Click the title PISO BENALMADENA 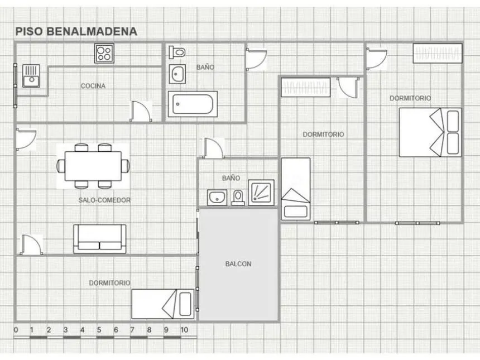76,31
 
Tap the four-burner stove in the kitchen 104,54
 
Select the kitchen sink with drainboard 31,76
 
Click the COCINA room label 93,86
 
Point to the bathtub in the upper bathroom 193,104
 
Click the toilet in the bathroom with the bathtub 177,52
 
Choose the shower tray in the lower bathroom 261,192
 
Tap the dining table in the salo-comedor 93,166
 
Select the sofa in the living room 100,239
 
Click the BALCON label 238,264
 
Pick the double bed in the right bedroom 430,132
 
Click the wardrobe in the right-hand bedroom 438,53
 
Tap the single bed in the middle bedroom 296,189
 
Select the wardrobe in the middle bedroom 306,87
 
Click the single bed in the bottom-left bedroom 163,304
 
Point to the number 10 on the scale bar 184,330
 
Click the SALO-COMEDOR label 104,200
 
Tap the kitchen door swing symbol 141,112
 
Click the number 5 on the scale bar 99,330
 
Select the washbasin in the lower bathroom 217,198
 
